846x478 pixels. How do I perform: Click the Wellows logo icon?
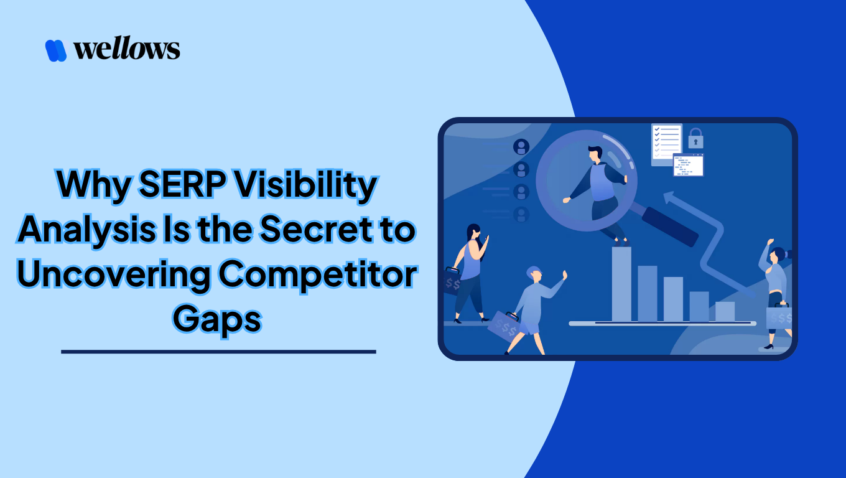[x=56, y=50]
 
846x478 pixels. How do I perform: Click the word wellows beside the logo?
[x=127, y=49]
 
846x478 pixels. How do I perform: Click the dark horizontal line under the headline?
[x=218, y=352]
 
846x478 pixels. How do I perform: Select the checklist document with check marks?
[x=666, y=143]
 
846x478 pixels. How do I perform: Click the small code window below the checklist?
[x=688, y=165]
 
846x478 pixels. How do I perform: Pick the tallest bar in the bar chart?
[x=621, y=284]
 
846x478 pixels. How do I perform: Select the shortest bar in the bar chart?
[x=725, y=311]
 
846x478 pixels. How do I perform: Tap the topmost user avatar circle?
[x=521, y=147]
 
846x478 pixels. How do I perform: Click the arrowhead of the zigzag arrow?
[x=671, y=197]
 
